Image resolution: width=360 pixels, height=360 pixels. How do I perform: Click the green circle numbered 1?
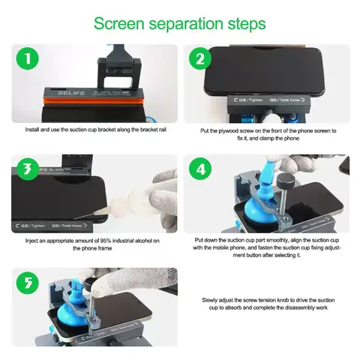pyautogui.click(x=26, y=58)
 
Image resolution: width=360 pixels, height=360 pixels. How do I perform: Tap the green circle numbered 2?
pyautogui.click(x=200, y=59)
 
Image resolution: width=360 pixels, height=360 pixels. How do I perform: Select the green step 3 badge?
pyautogui.click(x=27, y=168)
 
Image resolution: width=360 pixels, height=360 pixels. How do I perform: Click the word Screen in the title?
pyautogui.click(x=121, y=22)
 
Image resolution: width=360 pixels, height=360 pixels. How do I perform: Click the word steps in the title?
pyautogui.click(x=242, y=22)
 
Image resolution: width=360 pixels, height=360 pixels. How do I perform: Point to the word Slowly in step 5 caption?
pyautogui.click(x=212, y=300)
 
